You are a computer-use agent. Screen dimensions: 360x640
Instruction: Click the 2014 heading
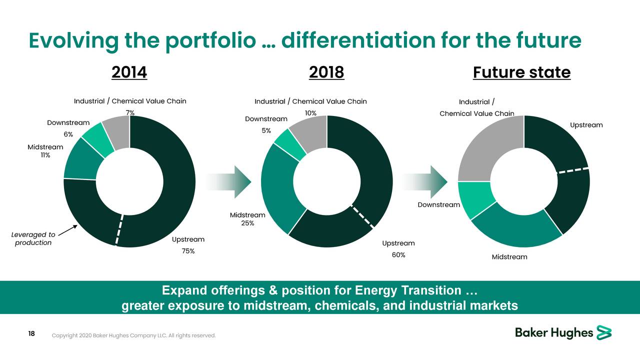(x=129, y=72)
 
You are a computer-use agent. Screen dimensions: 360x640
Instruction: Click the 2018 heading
(x=326, y=72)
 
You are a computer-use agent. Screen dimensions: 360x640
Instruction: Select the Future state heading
(x=521, y=72)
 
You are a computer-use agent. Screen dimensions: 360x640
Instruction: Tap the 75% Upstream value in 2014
(x=188, y=251)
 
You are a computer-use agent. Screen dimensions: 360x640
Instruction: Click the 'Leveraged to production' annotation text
(x=32, y=238)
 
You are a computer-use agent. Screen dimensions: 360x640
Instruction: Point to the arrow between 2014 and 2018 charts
(x=228, y=181)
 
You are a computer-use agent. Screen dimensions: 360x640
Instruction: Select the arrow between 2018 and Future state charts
(x=425, y=181)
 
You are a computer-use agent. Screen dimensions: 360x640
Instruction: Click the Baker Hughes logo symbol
(x=604, y=332)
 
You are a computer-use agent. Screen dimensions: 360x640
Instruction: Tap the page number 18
(x=31, y=334)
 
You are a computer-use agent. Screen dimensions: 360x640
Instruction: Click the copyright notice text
(x=134, y=335)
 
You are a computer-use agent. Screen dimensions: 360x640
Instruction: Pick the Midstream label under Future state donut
(x=509, y=257)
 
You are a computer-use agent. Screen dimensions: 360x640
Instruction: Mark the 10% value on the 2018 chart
(x=310, y=113)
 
